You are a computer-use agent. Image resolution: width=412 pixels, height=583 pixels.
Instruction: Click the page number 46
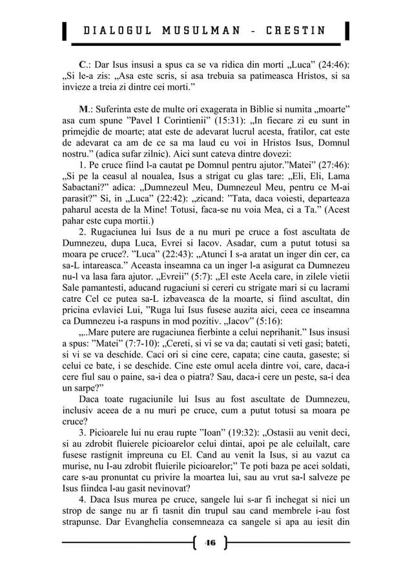point(208,543)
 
